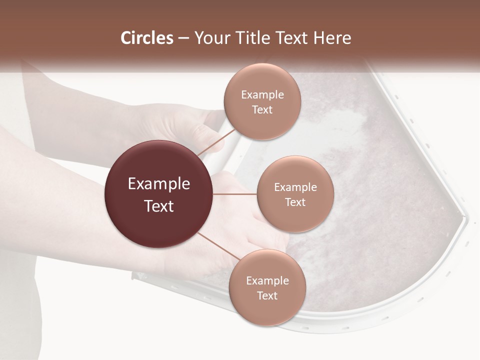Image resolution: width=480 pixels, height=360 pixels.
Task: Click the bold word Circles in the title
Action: tap(147, 38)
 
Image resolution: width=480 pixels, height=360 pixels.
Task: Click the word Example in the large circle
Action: tap(158, 184)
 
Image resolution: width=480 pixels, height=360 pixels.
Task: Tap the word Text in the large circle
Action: tap(158, 206)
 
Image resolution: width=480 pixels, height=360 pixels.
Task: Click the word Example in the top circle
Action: tap(262, 95)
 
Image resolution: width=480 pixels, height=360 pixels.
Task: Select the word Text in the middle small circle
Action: tap(295, 202)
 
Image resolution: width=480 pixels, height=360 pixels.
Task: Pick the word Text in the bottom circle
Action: tap(267, 295)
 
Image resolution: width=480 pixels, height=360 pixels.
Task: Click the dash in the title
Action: tap(183, 38)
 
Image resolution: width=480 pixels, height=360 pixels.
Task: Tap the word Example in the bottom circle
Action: tap(267, 280)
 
